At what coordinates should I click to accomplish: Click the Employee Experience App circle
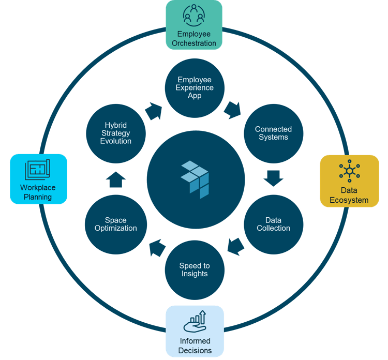click(195, 88)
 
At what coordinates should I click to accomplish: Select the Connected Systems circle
click(273, 133)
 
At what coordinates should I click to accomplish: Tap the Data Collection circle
click(274, 223)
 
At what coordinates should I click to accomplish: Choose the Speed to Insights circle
click(195, 269)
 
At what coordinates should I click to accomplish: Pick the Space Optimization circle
click(116, 223)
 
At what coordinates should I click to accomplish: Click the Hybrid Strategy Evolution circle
click(116, 133)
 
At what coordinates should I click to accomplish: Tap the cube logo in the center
click(195, 179)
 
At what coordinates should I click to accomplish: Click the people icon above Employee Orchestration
click(193, 16)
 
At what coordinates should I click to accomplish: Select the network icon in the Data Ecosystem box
click(349, 171)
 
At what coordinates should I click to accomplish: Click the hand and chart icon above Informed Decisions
click(195, 321)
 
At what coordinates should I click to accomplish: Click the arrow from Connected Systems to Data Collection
click(273, 178)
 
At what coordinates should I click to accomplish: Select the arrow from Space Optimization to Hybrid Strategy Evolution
click(116, 179)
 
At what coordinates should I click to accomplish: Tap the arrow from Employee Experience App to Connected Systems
click(232, 110)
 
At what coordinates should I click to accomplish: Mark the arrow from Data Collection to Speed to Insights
click(235, 246)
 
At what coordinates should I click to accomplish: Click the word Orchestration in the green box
click(194, 43)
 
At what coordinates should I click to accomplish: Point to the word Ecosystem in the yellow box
click(349, 200)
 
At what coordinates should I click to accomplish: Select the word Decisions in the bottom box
click(195, 350)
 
